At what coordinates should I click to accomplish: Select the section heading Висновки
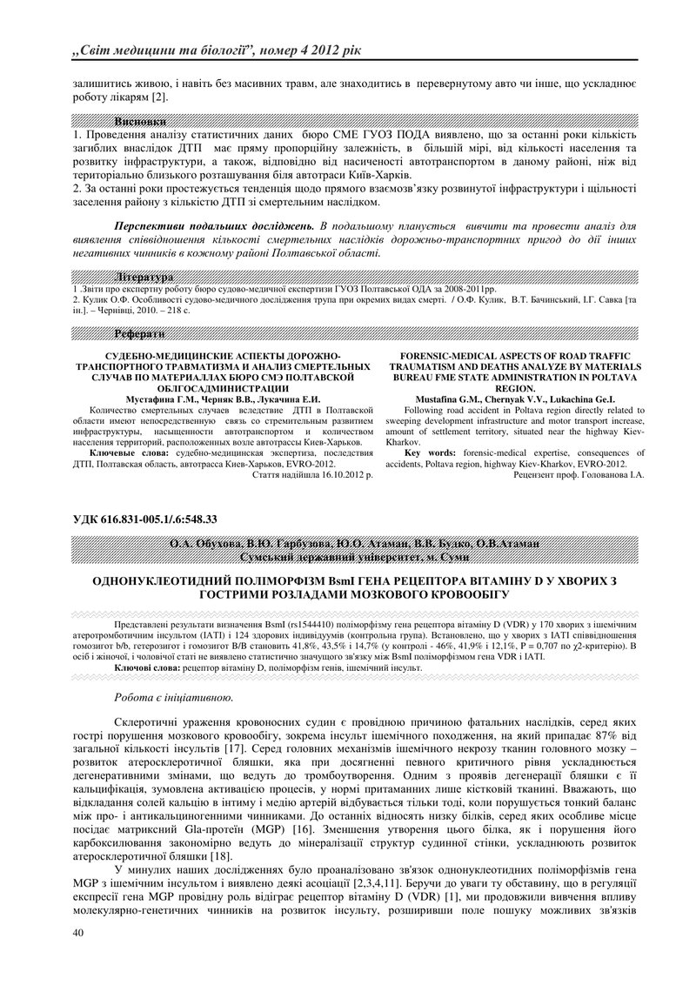click(139, 122)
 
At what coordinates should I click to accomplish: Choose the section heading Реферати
click(139, 334)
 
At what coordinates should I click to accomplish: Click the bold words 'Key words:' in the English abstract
click(431, 452)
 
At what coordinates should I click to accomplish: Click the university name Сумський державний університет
click(347, 556)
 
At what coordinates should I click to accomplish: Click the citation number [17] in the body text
click(235, 748)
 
